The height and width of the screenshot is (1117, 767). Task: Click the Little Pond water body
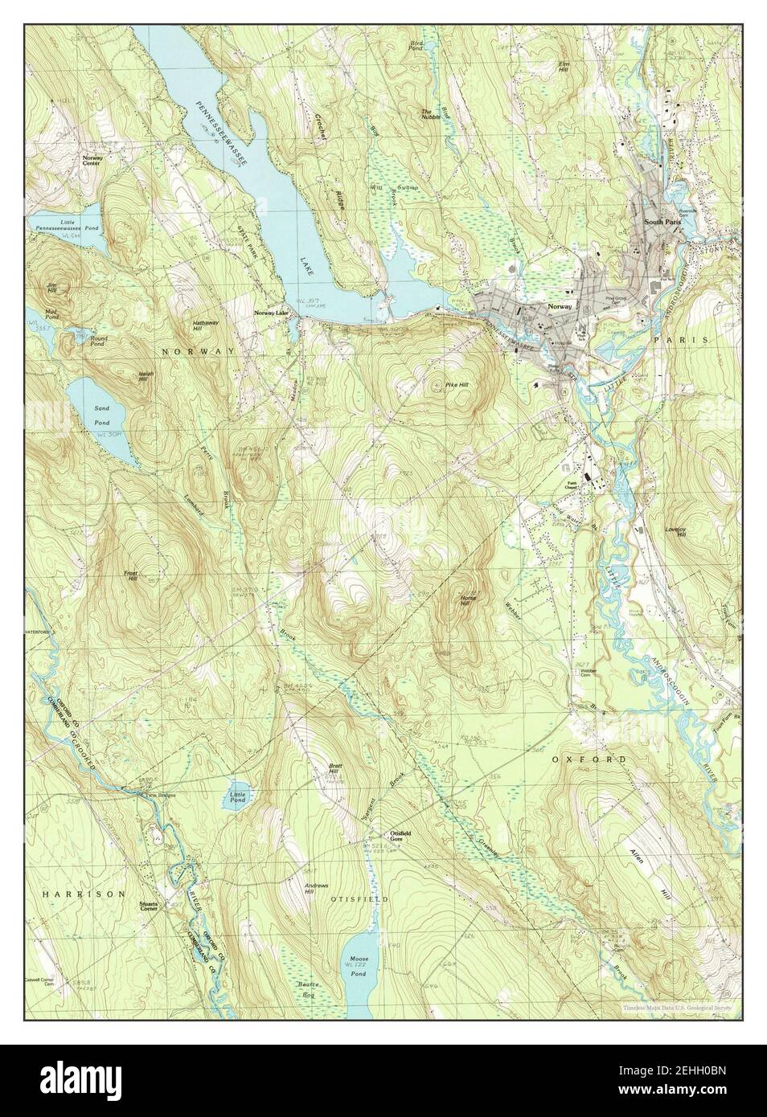click(235, 797)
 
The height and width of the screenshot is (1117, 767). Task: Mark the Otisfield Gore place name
click(400, 836)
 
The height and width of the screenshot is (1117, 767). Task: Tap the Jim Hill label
click(51, 288)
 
